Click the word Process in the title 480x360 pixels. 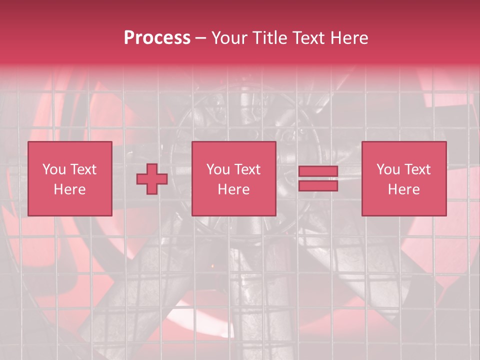pos(157,38)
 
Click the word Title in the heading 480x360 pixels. pos(270,38)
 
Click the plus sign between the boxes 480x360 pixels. pos(152,178)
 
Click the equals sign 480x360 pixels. pos(318,178)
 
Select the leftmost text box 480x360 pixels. pos(69,178)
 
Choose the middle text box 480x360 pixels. pos(233,178)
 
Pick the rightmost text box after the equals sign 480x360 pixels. pos(403,178)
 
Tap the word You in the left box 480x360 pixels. pos(53,169)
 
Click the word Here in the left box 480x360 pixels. pos(69,189)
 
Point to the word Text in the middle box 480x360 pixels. pos(247,169)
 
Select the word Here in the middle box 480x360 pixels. pos(233,189)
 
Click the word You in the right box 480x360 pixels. pos(388,169)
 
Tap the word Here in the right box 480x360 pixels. pos(403,189)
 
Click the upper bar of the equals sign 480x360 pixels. pos(318,171)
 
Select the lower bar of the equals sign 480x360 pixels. pos(318,185)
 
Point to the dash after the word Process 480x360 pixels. pos(201,38)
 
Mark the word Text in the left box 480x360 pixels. pos(83,169)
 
